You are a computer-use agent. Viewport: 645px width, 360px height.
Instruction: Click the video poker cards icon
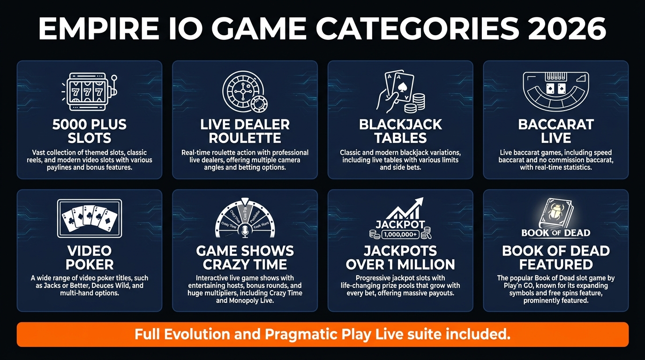click(89, 218)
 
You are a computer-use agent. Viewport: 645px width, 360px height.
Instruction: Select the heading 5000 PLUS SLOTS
click(89, 131)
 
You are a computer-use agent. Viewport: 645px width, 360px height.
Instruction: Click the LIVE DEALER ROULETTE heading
click(245, 131)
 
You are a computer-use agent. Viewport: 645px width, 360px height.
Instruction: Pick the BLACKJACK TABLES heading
click(400, 131)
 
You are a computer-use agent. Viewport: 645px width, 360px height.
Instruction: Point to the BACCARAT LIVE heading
click(556, 131)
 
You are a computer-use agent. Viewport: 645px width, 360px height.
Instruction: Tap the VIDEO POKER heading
click(89, 257)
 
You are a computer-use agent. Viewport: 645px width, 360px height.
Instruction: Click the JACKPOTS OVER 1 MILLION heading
click(400, 257)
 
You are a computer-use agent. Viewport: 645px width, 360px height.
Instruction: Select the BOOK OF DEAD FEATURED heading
click(556, 257)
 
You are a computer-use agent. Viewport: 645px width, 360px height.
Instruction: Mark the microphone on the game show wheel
click(245, 231)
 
